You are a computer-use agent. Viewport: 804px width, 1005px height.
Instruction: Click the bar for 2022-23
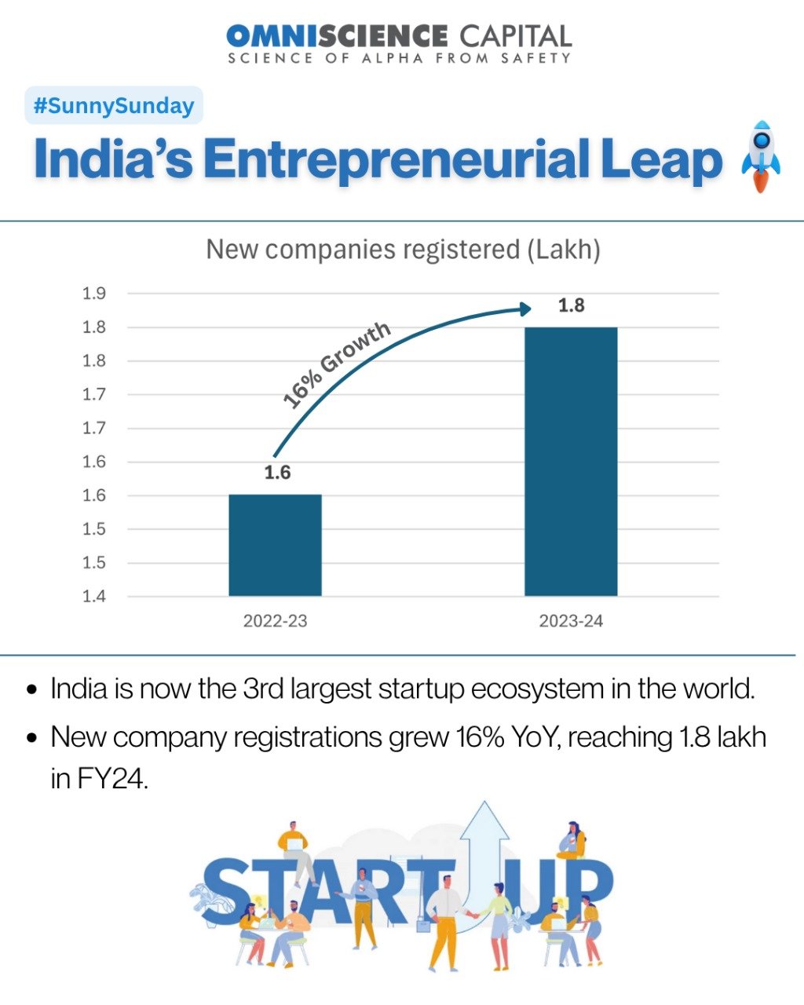click(x=275, y=545)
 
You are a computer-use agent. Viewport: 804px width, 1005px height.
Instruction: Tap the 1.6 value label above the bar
click(x=277, y=473)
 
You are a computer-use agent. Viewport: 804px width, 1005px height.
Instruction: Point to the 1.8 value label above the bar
click(x=572, y=305)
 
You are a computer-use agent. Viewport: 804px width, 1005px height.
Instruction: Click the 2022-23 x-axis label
click(x=275, y=621)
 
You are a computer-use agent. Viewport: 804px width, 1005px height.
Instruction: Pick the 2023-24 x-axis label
click(x=571, y=621)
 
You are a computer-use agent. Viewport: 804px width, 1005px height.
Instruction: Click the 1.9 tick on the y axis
click(x=94, y=294)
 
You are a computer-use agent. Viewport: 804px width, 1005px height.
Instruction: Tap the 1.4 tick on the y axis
click(x=94, y=597)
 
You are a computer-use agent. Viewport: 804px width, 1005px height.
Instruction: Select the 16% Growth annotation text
click(x=336, y=365)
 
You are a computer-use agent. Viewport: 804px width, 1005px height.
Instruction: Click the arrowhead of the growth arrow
click(x=526, y=309)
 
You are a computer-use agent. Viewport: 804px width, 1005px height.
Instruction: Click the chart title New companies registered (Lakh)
click(x=403, y=250)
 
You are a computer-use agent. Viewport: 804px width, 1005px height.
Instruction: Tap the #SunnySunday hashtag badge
click(x=114, y=106)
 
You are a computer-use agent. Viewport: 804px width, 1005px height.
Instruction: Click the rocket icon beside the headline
click(x=760, y=157)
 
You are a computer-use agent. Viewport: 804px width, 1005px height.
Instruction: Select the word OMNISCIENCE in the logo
click(x=336, y=35)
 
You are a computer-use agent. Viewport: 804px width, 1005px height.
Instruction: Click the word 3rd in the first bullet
click(x=263, y=689)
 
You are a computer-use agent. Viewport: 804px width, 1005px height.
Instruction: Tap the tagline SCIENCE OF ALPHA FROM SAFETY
click(x=399, y=58)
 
